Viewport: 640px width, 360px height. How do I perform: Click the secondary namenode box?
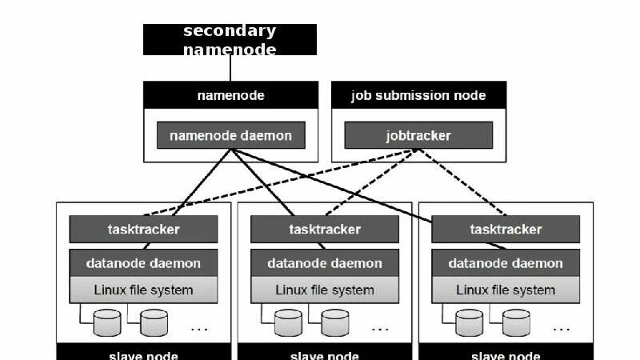(230, 39)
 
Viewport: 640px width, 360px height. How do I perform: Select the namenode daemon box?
(230, 135)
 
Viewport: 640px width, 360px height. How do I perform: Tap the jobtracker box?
(418, 135)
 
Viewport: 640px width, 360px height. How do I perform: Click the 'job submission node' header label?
(418, 95)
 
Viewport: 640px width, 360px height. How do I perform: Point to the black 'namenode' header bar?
(230, 95)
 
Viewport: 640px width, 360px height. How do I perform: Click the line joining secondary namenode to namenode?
(230, 68)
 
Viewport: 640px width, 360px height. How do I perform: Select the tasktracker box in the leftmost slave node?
(143, 230)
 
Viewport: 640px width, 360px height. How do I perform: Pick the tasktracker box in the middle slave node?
(324, 230)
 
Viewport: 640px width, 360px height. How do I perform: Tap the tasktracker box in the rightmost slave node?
(506, 230)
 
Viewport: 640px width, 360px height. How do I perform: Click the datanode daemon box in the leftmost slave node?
(143, 262)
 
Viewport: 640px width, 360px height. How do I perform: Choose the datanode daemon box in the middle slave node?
(324, 262)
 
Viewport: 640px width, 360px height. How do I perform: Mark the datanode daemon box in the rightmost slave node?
(506, 262)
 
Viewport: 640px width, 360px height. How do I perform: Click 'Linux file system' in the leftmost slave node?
(143, 290)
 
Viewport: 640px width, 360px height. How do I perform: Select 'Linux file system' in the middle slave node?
(324, 290)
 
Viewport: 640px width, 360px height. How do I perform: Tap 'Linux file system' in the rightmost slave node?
(506, 290)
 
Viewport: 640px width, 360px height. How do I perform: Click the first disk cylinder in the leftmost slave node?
(106, 323)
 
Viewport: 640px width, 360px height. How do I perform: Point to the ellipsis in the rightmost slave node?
(561, 328)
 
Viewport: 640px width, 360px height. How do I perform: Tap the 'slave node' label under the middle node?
(324, 355)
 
